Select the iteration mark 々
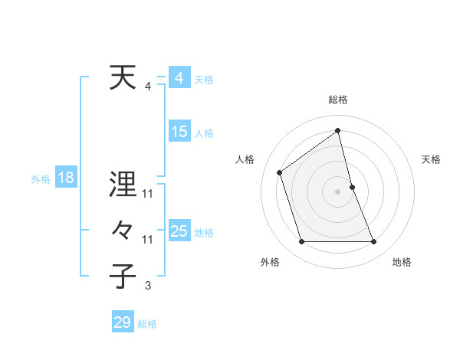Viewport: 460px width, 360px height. tap(123, 231)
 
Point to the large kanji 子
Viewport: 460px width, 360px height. tap(123, 276)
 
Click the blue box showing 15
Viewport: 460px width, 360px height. tap(179, 132)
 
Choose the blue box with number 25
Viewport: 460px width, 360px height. tap(179, 231)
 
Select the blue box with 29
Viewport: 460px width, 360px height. tap(122, 322)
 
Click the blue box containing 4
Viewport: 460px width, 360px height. tap(179, 78)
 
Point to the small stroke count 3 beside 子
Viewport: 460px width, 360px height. tap(148, 286)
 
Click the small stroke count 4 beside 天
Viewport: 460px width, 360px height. tap(148, 86)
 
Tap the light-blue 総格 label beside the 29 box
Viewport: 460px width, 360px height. tap(147, 324)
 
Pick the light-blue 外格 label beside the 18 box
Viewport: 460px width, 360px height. tap(41, 180)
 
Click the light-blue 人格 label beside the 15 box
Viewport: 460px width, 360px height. tap(204, 133)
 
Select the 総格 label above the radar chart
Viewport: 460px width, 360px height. tap(338, 100)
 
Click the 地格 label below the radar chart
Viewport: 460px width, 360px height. tap(402, 263)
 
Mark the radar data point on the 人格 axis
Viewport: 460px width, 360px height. tap(280, 172)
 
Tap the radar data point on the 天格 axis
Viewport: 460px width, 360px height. tap(352, 187)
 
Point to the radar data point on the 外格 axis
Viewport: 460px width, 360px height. tap(302, 242)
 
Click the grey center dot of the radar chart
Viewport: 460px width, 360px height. tap(338, 191)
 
